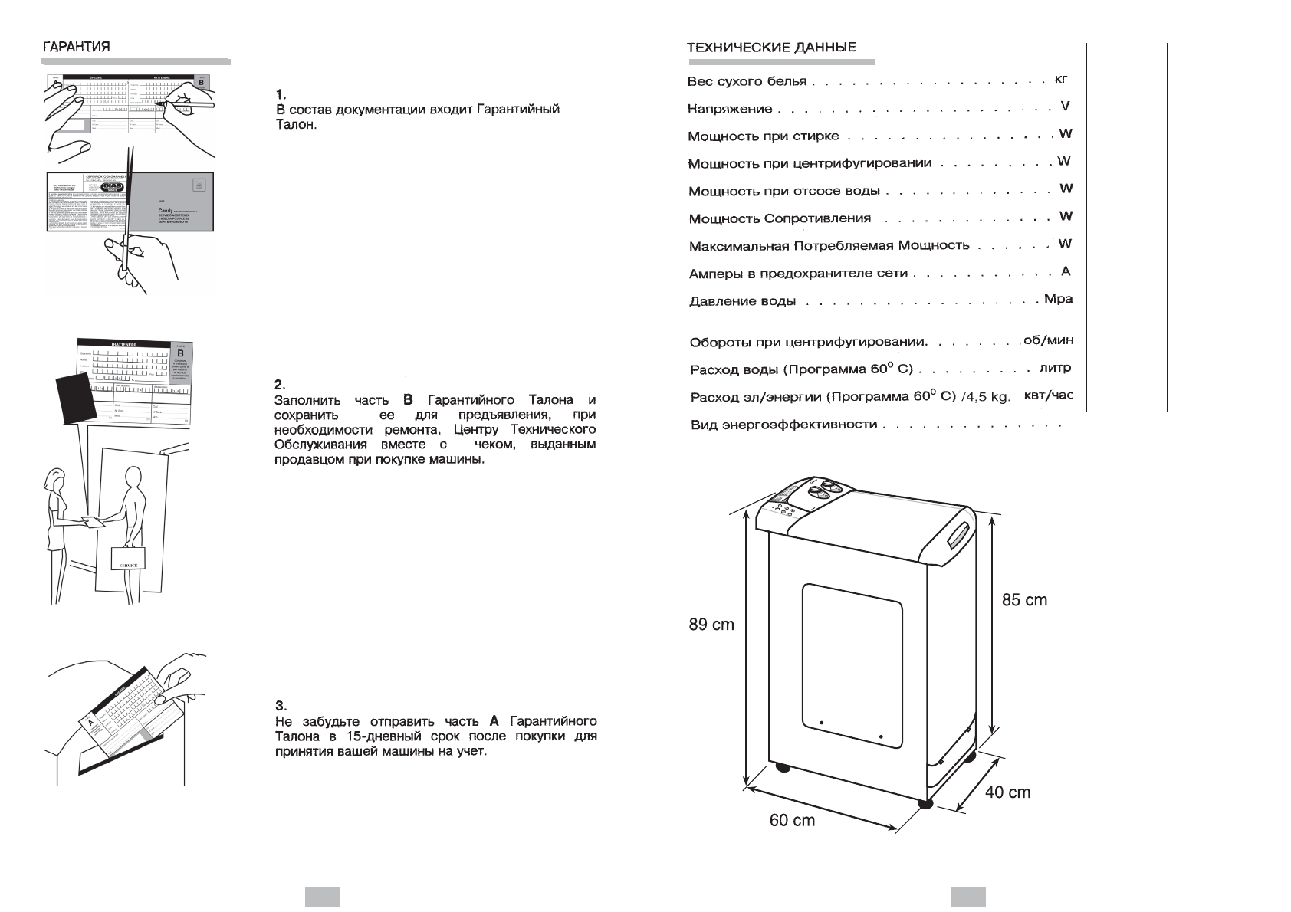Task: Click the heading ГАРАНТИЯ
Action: (76, 46)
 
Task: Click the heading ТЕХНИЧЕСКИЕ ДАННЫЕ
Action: (771, 48)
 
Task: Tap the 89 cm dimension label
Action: (711, 625)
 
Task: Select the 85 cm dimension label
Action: (1024, 600)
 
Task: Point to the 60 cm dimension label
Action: (792, 821)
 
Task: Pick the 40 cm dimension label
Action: (1007, 792)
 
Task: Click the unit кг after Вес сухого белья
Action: (1061, 79)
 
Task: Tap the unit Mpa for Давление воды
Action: (1058, 299)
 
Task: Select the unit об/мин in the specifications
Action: (1048, 340)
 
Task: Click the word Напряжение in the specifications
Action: (730, 110)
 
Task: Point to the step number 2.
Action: (281, 385)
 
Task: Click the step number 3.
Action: (281, 706)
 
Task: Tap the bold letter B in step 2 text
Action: (408, 400)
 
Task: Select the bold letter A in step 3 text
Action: (494, 721)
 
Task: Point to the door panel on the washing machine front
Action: (852, 665)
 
